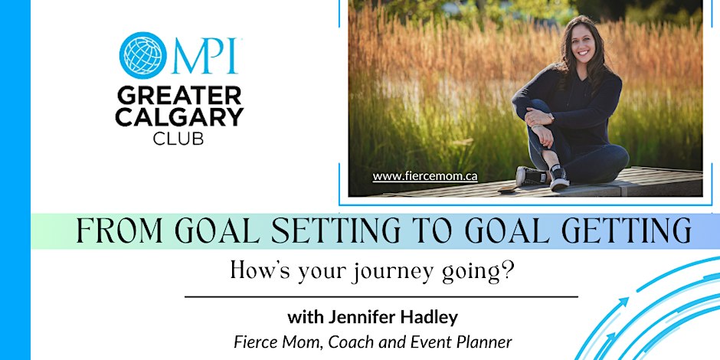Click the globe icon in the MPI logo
142,55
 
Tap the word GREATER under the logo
179,97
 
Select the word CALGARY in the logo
179,117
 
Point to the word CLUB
178,138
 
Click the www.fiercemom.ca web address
425,176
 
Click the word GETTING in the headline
627,231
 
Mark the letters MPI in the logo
205,56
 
